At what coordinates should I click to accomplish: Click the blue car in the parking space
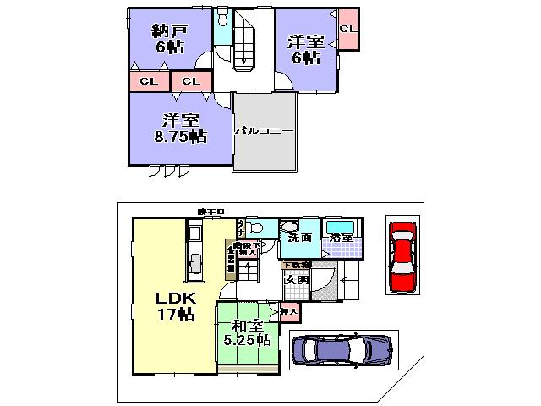(x=341, y=349)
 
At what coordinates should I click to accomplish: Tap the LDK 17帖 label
(x=176, y=305)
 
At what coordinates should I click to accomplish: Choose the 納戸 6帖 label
(x=169, y=40)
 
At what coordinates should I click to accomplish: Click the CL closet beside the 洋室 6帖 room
(x=347, y=29)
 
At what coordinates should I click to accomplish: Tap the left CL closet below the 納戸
(x=149, y=81)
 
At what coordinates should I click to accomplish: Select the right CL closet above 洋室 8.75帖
(x=191, y=81)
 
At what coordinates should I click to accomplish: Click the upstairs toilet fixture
(x=222, y=19)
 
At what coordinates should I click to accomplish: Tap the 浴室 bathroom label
(x=342, y=239)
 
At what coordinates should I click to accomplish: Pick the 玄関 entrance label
(x=295, y=279)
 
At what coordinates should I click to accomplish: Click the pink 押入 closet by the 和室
(x=289, y=313)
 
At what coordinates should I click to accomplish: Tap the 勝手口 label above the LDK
(x=207, y=211)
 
